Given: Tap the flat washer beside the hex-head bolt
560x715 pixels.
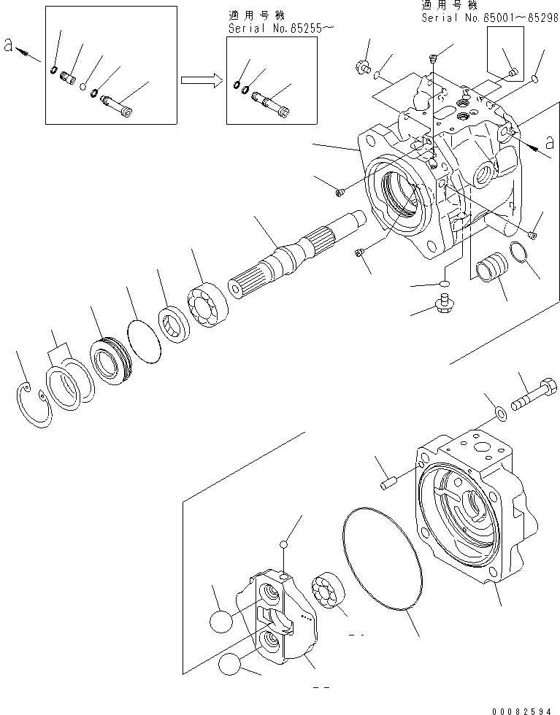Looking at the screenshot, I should (x=499, y=414).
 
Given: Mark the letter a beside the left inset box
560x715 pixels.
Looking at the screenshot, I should (x=7, y=45).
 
